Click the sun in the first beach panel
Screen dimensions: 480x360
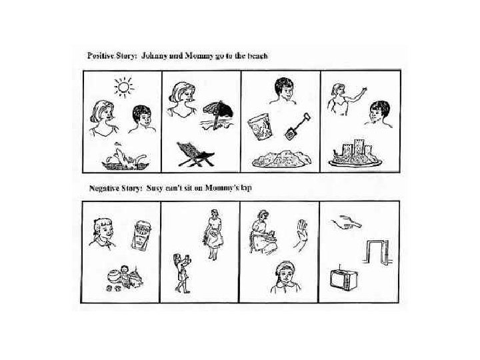(x=124, y=87)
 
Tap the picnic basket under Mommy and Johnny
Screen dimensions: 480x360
(x=125, y=157)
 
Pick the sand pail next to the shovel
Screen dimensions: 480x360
(x=259, y=127)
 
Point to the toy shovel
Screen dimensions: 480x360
(x=297, y=127)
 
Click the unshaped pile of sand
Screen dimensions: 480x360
(x=281, y=159)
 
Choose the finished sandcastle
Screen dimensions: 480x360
(x=355, y=153)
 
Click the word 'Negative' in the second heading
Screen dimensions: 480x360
(x=103, y=187)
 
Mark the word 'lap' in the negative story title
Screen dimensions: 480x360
(x=246, y=188)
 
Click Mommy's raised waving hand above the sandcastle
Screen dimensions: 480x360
(x=364, y=90)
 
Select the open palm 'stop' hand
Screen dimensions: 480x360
(x=301, y=235)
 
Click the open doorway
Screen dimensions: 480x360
(x=377, y=252)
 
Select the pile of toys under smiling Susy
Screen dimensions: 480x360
(x=125, y=277)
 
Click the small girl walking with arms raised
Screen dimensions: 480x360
(x=182, y=273)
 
